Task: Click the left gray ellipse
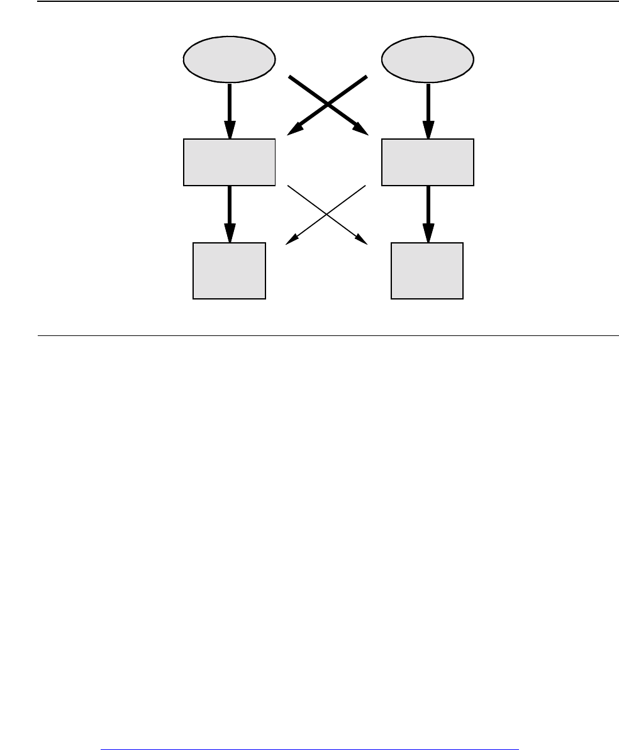click(x=229, y=60)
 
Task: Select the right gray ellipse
click(x=428, y=60)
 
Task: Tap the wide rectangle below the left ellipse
click(x=229, y=162)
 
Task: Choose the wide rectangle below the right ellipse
click(x=428, y=162)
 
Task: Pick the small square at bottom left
click(x=229, y=271)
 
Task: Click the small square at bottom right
click(x=427, y=271)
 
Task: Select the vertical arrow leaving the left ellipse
click(x=229, y=107)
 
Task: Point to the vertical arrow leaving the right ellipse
click(x=428, y=107)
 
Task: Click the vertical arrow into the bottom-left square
click(x=229, y=211)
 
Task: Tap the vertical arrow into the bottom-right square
click(x=428, y=211)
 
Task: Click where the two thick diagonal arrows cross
click(x=327, y=104)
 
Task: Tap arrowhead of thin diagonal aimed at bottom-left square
click(x=291, y=240)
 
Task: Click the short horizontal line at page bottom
click(x=309, y=732)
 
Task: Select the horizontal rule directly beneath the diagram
click(x=327, y=335)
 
